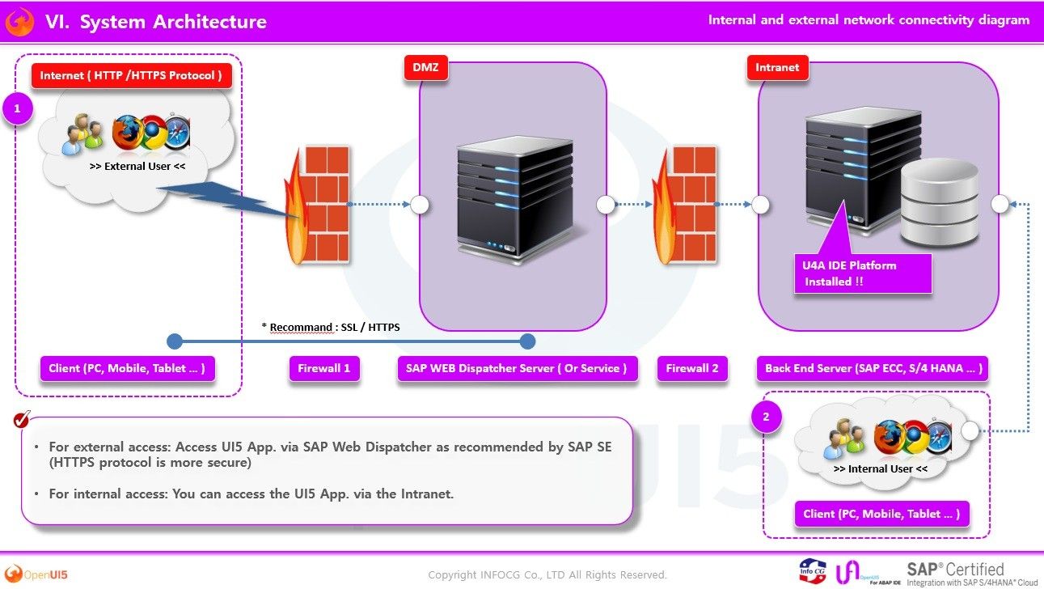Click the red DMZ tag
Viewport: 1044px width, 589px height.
pos(425,68)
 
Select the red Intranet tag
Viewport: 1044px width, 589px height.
pos(777,68)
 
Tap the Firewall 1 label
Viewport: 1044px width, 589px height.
pos(324,368)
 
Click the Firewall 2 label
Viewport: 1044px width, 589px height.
pos(692,368)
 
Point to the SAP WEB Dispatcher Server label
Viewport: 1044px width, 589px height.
pos(517,368)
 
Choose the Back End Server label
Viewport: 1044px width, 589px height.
pos(873,368)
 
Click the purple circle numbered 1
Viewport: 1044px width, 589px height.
pos(18,108)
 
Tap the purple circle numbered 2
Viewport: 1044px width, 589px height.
pos(767,417)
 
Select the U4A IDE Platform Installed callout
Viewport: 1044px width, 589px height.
pos(863,273)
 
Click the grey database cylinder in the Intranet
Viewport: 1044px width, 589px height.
pos(939,201)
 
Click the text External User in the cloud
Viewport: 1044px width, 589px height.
pos(137,167)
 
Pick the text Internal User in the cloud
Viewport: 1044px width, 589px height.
pos(881,468)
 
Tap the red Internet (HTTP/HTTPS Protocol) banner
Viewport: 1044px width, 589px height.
pos(132,75)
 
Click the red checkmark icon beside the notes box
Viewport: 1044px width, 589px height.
pos(22,419)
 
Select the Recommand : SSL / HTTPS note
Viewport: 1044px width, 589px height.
pos(331,328)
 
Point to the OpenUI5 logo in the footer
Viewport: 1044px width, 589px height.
pos(36,574)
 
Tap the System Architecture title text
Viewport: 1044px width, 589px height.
pos(173,22)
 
